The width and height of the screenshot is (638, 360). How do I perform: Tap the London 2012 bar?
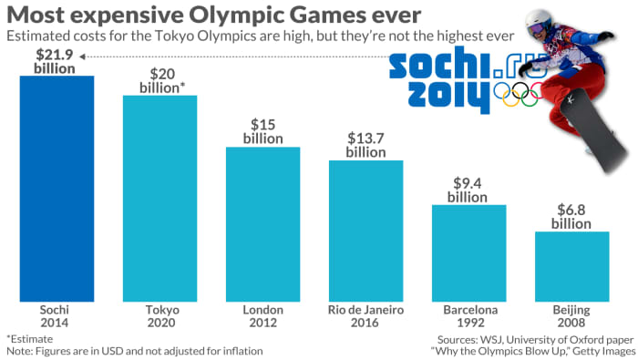262,223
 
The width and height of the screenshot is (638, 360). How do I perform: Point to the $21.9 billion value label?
56,61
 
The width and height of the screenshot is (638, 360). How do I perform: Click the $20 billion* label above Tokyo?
159,81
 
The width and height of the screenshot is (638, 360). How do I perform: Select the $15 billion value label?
262,131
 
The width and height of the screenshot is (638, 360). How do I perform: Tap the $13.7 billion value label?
365,145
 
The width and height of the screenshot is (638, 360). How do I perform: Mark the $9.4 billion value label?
468,190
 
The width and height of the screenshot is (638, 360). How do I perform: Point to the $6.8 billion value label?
571,217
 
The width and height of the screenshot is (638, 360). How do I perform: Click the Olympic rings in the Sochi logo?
516,93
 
